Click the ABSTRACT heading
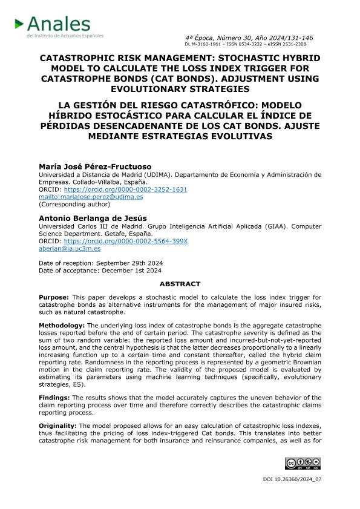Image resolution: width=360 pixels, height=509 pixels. tap(180, 283)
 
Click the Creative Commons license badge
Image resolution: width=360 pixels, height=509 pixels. tap(303, 464)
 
